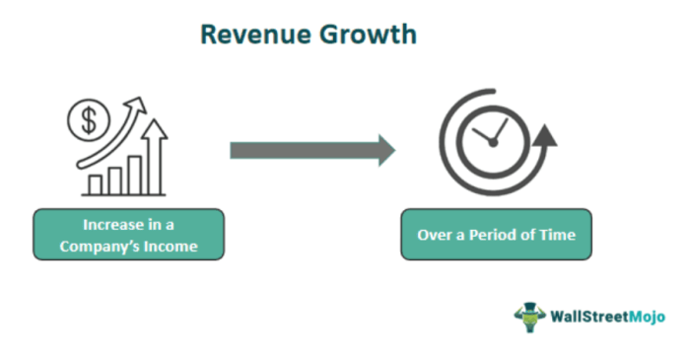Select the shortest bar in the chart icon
pyautogui.click(x=96, y=184)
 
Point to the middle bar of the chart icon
pyautogui.click(x=115, y=180)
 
